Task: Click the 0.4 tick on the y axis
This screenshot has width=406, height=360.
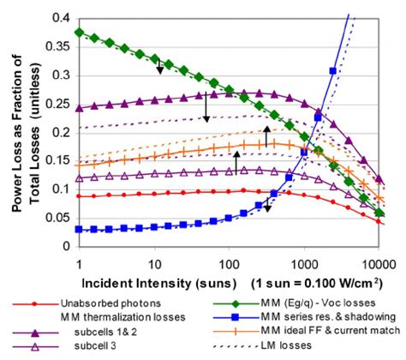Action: click(x=66, y=17)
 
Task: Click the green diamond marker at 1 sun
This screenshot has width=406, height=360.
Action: click(x=79, y=32)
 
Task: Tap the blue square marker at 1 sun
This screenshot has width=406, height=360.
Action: click(x=79, y=230)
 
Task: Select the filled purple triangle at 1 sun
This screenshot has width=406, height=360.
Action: click(x=79, y=109)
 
